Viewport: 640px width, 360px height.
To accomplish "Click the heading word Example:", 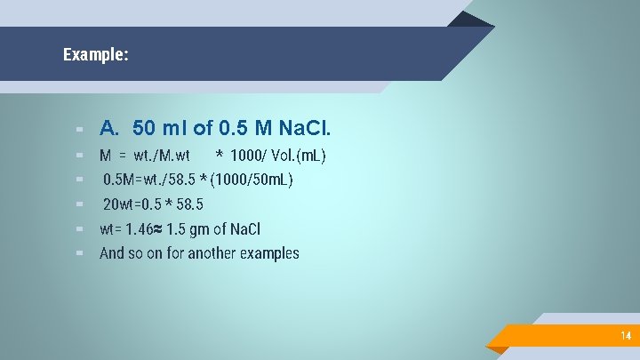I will click(96, 55).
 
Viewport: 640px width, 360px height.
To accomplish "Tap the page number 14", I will click(626, 336).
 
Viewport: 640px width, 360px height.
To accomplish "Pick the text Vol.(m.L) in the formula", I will click(299, 156).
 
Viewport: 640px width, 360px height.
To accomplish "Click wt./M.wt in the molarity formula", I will click(162, 156).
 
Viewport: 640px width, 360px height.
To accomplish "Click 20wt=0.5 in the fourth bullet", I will click(133, 204).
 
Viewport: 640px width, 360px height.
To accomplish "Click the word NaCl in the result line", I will click(245, 228).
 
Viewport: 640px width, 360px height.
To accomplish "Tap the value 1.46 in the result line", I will click(140, 228).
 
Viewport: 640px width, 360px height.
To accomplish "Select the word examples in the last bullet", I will click(270, 253).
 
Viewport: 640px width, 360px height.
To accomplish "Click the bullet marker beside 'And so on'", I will click(80, 253).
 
